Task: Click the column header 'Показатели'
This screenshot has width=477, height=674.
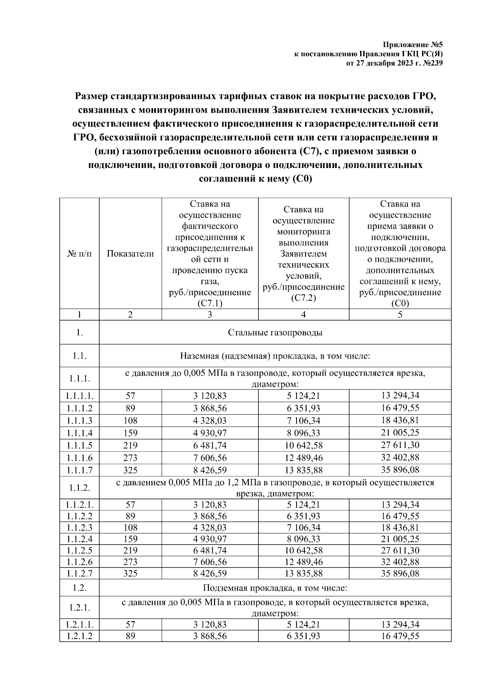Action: pyautogui.click(x=130, y=254)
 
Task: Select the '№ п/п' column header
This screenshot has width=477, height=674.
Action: pyautogui.click(x=79, y=254)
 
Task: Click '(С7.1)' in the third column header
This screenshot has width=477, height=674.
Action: pyautogui.click(x=209, y=303)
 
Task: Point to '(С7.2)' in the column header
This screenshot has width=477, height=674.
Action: pyautogui.click(x=303, y=298)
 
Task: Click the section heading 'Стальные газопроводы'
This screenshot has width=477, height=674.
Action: pyautogui.click(x=275, y=332)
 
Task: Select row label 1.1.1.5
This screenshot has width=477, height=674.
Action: pyautogui.click(x=79, y=445)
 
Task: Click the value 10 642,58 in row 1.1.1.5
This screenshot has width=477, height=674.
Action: pyautogui.click(x=303, y=445)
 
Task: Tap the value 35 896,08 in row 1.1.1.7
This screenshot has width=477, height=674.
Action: pyautogui.click(x=400, y=470)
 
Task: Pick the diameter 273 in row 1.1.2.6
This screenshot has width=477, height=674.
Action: pyautogui.click(x=130, y=562)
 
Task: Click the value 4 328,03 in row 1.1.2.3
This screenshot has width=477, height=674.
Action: pyautogui.click(x=209, y=527)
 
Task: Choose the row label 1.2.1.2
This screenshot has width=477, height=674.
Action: pyautogui.click(x=79, y=636)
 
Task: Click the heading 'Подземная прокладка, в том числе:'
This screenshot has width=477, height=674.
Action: pyautogui.click(x=275, y=587)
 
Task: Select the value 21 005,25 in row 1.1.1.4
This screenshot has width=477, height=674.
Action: pyautogui.click(x=400, y=433)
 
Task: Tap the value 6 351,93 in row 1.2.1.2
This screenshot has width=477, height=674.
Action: pyautogui.click(x=303, y=636)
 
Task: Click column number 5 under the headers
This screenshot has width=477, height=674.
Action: pyautogui.click(x=400, y=315)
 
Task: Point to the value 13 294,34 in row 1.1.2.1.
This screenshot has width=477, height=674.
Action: pyautogui.click(x=400, y=504)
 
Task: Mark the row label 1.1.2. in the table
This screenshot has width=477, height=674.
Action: pyautogui.click(x=79, y=488)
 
